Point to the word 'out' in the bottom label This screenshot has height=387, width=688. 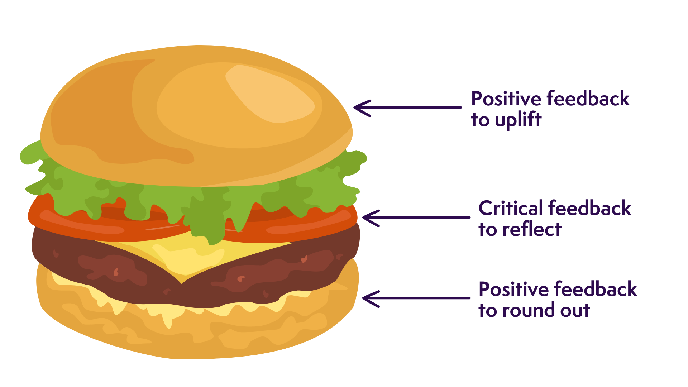tap(575, 311)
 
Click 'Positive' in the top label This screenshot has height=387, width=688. tap(506, 99)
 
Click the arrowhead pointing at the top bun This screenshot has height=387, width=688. tap(360, 107)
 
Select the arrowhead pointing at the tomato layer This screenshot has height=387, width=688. tap(369, 218)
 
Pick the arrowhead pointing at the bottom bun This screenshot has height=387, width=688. tap(369, 298)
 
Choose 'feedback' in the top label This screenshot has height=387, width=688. tap(588, 99)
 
